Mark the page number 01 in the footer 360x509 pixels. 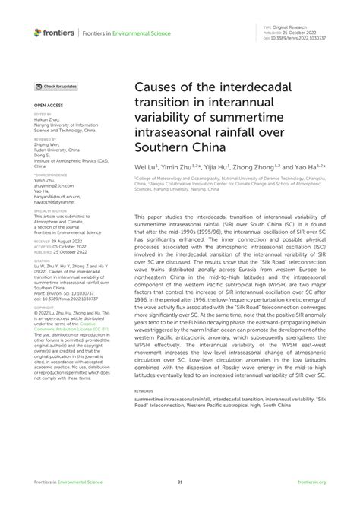180,482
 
